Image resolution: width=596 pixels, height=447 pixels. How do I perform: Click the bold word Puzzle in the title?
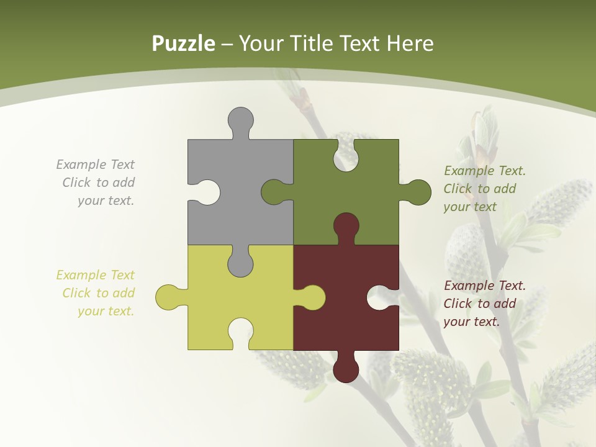coord(183,43)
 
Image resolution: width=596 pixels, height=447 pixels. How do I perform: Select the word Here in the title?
coord(409,43)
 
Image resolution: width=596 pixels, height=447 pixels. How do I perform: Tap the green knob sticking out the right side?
coord(417,192)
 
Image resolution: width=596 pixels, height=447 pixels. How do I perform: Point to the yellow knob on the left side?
coord(168,297)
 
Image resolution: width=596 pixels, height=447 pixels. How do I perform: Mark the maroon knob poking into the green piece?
coord(346,226)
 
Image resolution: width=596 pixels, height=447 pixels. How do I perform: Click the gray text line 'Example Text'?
coord(95,165)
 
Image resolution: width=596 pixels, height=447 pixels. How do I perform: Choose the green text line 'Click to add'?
coord(479,189)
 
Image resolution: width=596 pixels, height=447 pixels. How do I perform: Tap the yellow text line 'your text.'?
coord(106,311)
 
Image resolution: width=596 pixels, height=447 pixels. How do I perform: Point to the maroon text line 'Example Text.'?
coord(484,286)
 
